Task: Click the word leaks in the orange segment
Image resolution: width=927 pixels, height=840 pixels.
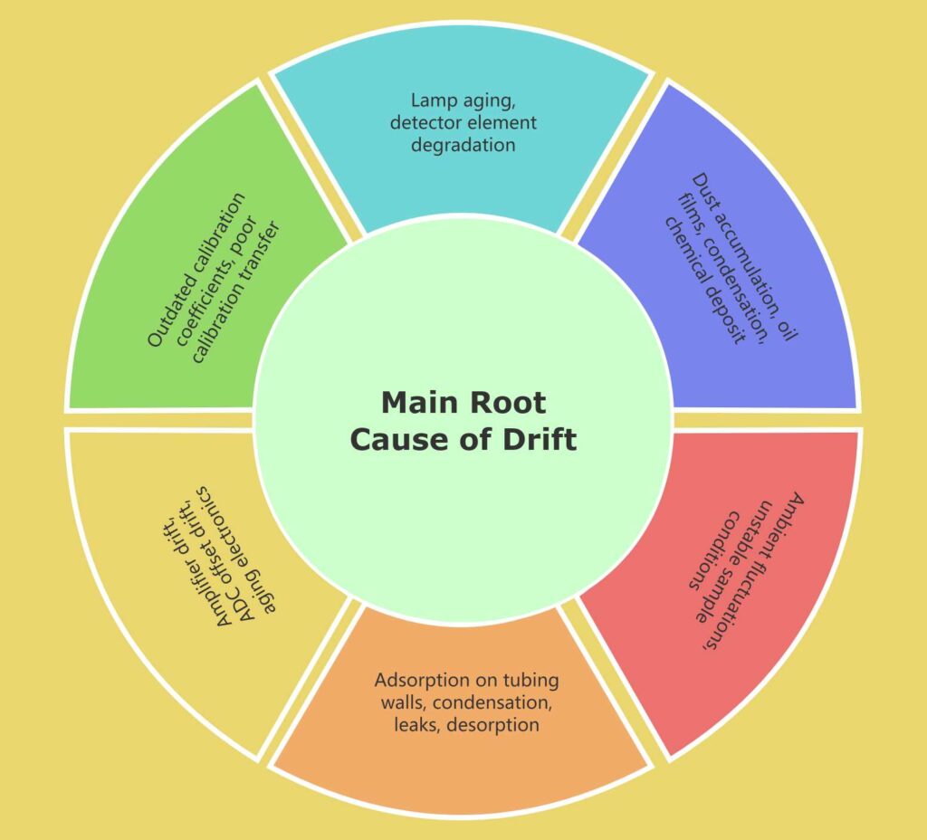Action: pyautogui.click(x=412, y=725)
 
